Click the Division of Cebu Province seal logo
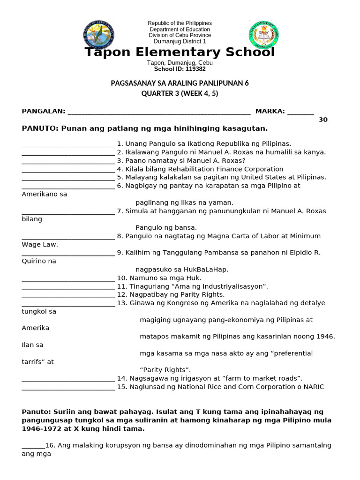click(x=99, y=35)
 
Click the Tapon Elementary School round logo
click(x=263, y=36)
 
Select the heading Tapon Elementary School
click(x=180, y=52)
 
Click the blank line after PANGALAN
click(x=159, y=112)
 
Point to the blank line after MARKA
click(x=300, y=112)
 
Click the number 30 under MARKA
click(x=323, y=120)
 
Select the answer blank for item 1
click(x=68, y=144)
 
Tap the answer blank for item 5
click(x=68, y=178)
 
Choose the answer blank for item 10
click(x=68, y=278)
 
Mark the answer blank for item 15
click(x=68, y=388)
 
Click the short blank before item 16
click(x=33, y=445)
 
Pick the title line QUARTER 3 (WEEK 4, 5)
click(x=180, y=93)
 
